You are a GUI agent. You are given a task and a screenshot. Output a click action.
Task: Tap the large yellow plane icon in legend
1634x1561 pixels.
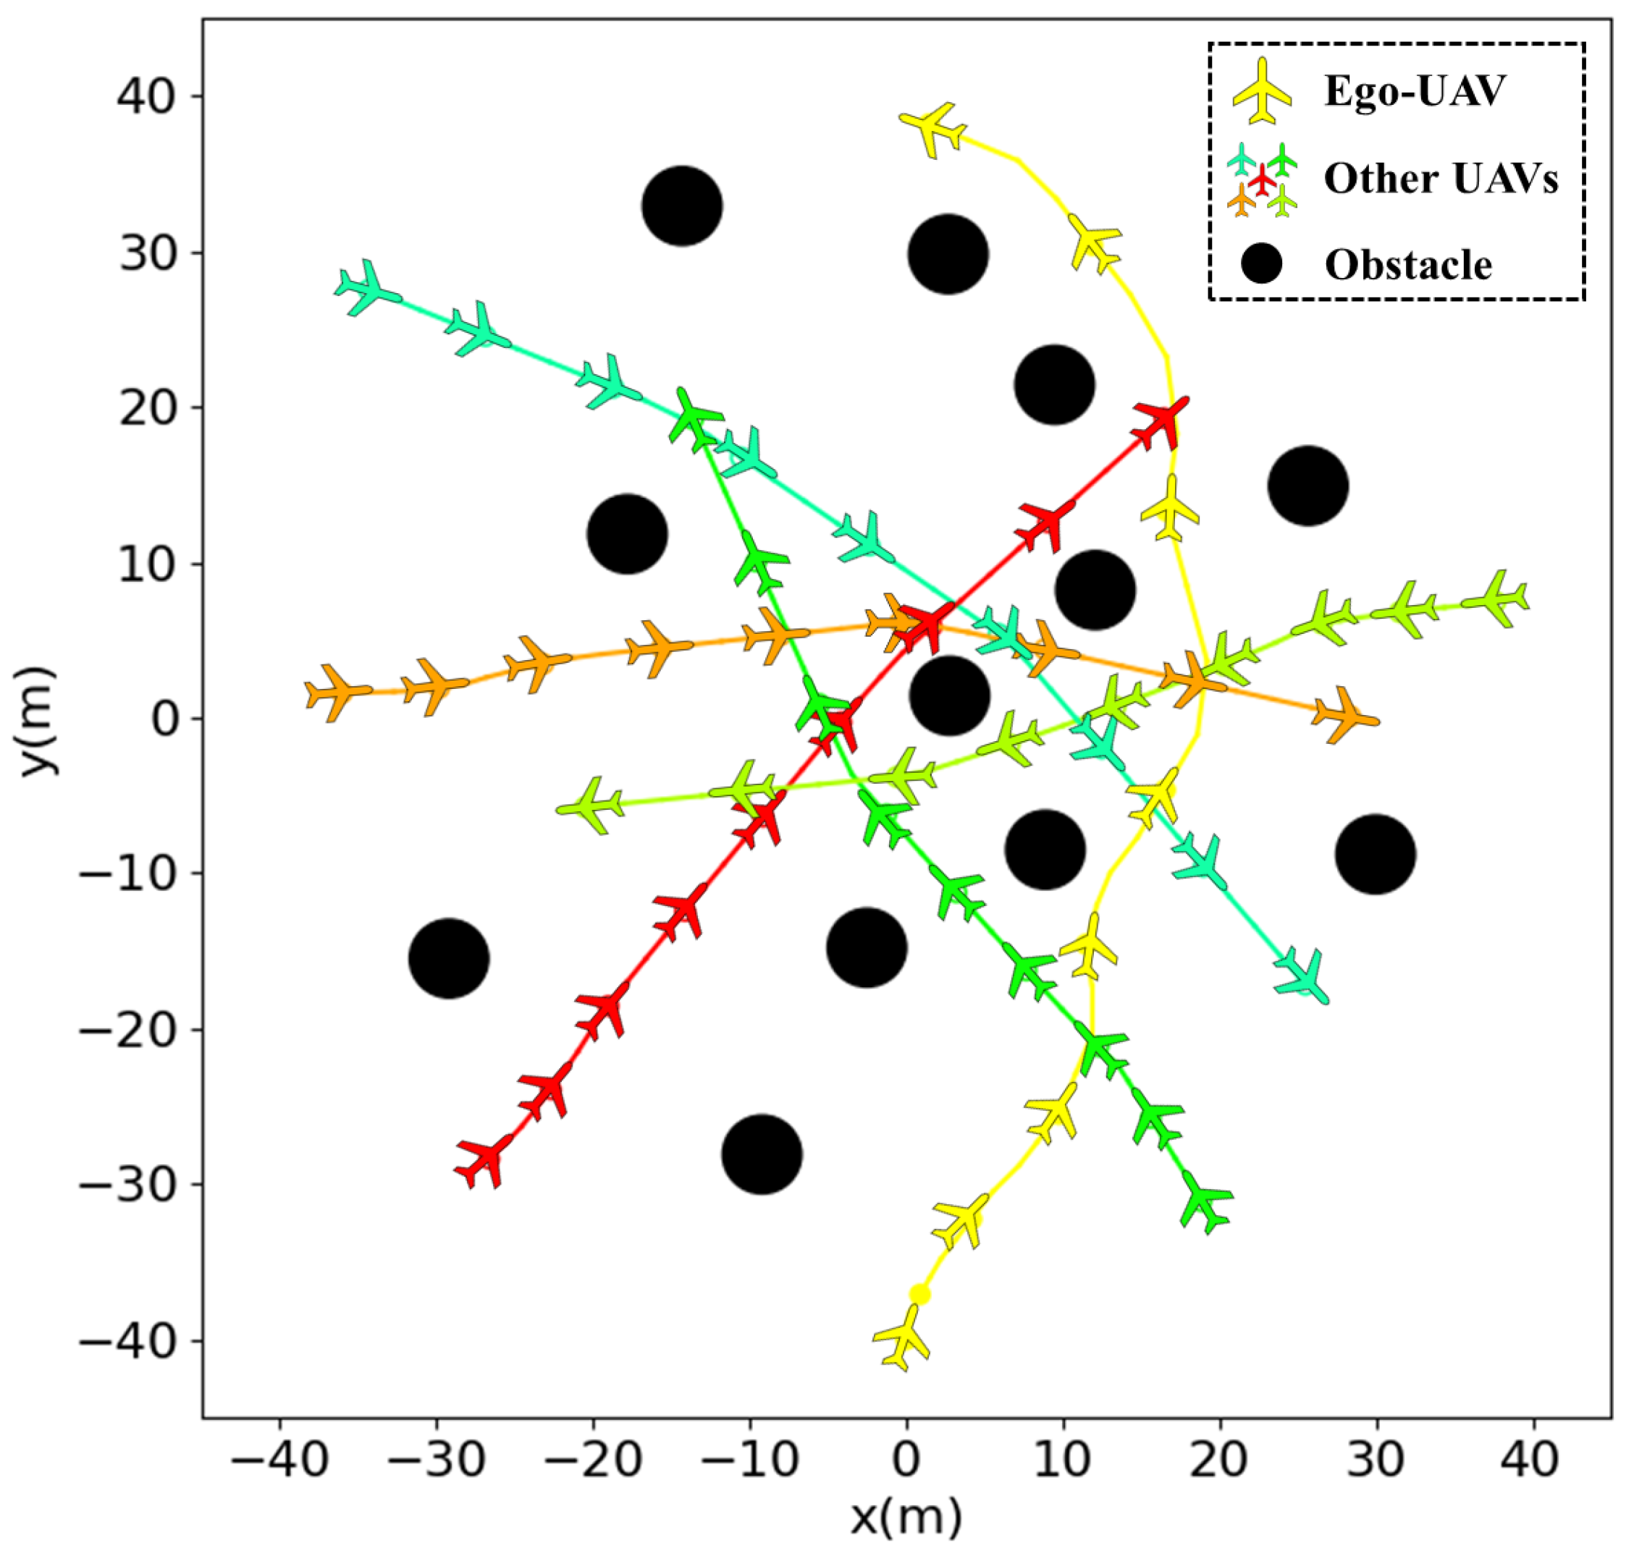coord(1262,90)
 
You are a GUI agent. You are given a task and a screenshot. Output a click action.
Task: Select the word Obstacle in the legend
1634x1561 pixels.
coord(1408,265)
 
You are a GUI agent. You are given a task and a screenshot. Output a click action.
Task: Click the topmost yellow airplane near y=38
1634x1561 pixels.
coord(935,127)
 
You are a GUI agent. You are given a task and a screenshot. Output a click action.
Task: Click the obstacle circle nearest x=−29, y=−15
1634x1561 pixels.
coord(449,959)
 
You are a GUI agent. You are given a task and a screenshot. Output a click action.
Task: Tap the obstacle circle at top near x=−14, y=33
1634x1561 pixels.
coord(682,206)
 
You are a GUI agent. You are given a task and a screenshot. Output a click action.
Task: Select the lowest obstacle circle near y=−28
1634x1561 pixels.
coord(762,1154)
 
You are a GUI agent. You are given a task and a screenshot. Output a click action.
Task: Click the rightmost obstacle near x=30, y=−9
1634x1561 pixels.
coord(1375,855)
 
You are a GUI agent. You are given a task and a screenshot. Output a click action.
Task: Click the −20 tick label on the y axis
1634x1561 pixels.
coord(128,1030)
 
